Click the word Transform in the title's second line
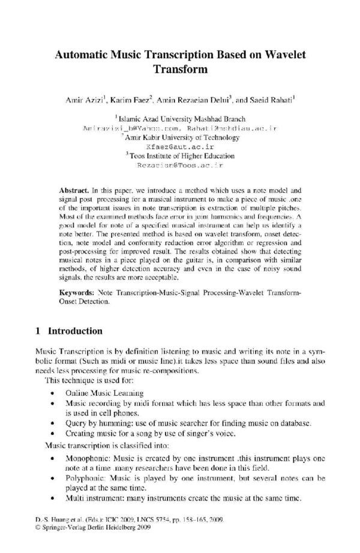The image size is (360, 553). point(180,69)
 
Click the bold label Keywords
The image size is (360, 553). point(76,292)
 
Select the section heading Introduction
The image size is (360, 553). point(75,331)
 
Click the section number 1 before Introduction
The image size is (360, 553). point(38,331)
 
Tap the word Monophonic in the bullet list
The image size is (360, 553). point(88,458)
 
